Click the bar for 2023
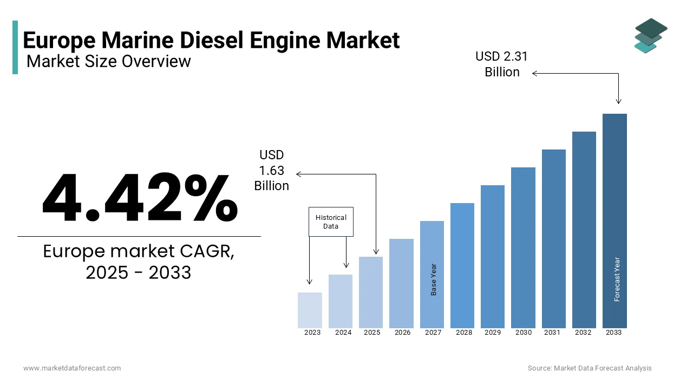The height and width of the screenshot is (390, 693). click(x=310, y=310)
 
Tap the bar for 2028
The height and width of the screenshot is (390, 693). click(x=462, y=265)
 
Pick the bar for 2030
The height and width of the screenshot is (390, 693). click(x=523, y=248)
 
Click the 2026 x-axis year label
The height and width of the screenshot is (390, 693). click(x=402, y=333)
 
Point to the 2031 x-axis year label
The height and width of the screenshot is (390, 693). click(x=552, y=333)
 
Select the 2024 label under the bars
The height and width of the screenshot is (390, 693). click(x=343, y=333)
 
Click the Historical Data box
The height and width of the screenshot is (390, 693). click(x=331, y=222)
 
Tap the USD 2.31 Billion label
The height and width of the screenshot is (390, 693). click(x=502, y=64)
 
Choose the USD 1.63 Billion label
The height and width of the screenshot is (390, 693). click(x=272, y=171)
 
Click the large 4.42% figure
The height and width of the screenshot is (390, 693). click(x=140, y=198)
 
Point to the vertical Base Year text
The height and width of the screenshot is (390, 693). click(x=434, y=279)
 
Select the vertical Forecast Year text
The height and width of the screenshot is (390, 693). click(x=617, y=279)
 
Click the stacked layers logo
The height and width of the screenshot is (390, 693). click(x=651, y=36)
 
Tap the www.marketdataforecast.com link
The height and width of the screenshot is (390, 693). click(x=72, y=368)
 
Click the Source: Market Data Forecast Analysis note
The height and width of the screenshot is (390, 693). click(x=590, y=368)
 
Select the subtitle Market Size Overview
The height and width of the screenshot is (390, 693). click(x=109, y=61)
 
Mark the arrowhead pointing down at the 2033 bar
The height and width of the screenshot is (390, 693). click(x=618, y=101)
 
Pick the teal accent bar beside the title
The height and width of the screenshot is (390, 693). click(x=15, y=47)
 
